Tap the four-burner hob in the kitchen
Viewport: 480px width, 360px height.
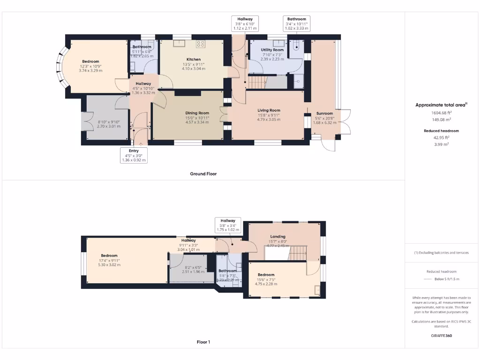click(201, 44)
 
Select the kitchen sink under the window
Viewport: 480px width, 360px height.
click(179, 44)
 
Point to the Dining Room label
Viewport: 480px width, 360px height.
click(197, 113)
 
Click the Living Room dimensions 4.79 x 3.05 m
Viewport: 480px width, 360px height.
click(269, 120)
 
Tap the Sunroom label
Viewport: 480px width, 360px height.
click(324, 113)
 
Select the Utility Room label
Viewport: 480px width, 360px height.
click(272, 50)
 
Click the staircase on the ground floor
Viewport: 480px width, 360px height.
click(256, 82)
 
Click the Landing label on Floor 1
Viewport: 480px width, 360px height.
click(278, 237)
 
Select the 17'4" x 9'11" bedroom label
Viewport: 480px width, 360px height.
click(109, 256)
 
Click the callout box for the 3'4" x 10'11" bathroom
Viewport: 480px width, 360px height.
click(297, 23)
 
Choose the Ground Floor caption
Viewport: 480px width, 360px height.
click(203, 173)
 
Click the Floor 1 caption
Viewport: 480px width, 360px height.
click(203, 342)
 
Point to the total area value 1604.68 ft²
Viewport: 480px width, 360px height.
click(442, 112)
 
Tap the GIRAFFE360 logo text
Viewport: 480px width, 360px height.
click(442, 336)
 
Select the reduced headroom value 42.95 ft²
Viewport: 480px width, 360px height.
click(442, 138)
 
